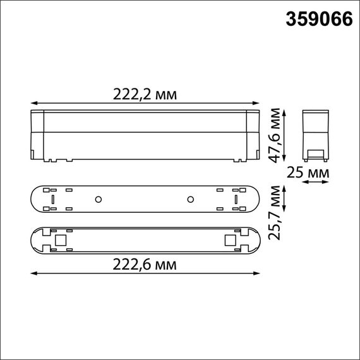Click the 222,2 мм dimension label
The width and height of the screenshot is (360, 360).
click(x=144, y=94)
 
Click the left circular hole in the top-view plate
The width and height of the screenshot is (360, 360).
click(x=99, y=199)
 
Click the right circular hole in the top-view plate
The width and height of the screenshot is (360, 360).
click(x=189, y=199)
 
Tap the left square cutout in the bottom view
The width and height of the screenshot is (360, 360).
click(x=61, y=241)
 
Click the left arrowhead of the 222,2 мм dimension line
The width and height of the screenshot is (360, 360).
click(x=33, y=102)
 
